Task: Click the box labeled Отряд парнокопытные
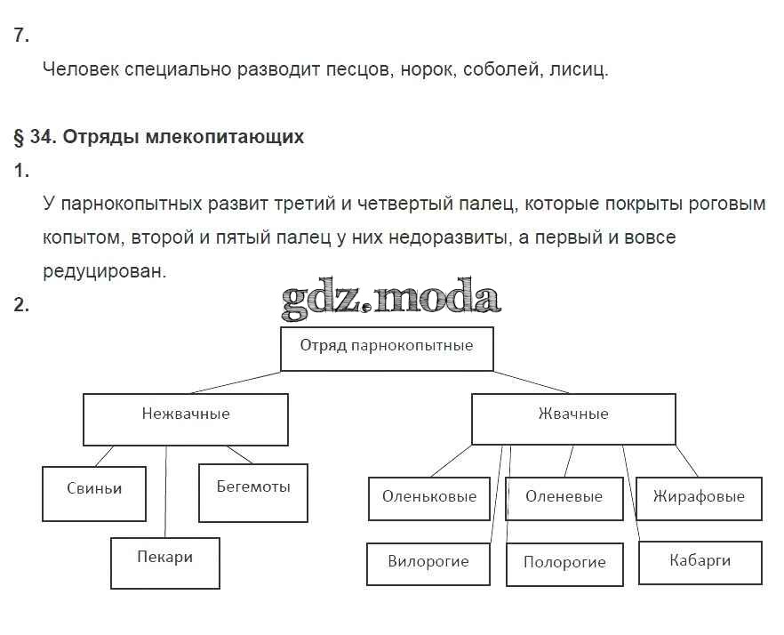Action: pos(386,347)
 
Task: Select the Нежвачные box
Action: pos(185,418)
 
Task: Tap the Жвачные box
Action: pos(572,418)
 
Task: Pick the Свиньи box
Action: pos(93,493)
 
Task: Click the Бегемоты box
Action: pos(253,492)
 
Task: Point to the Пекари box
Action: pos(164,562)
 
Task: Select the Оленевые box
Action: pos(564,498)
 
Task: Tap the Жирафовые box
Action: pos(699,498)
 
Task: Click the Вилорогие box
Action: pos(428,564)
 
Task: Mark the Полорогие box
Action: pos(564,564)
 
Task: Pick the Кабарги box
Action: pos(700,562)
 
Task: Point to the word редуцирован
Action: pos(104,271)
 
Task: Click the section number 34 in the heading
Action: pos(39,137)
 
